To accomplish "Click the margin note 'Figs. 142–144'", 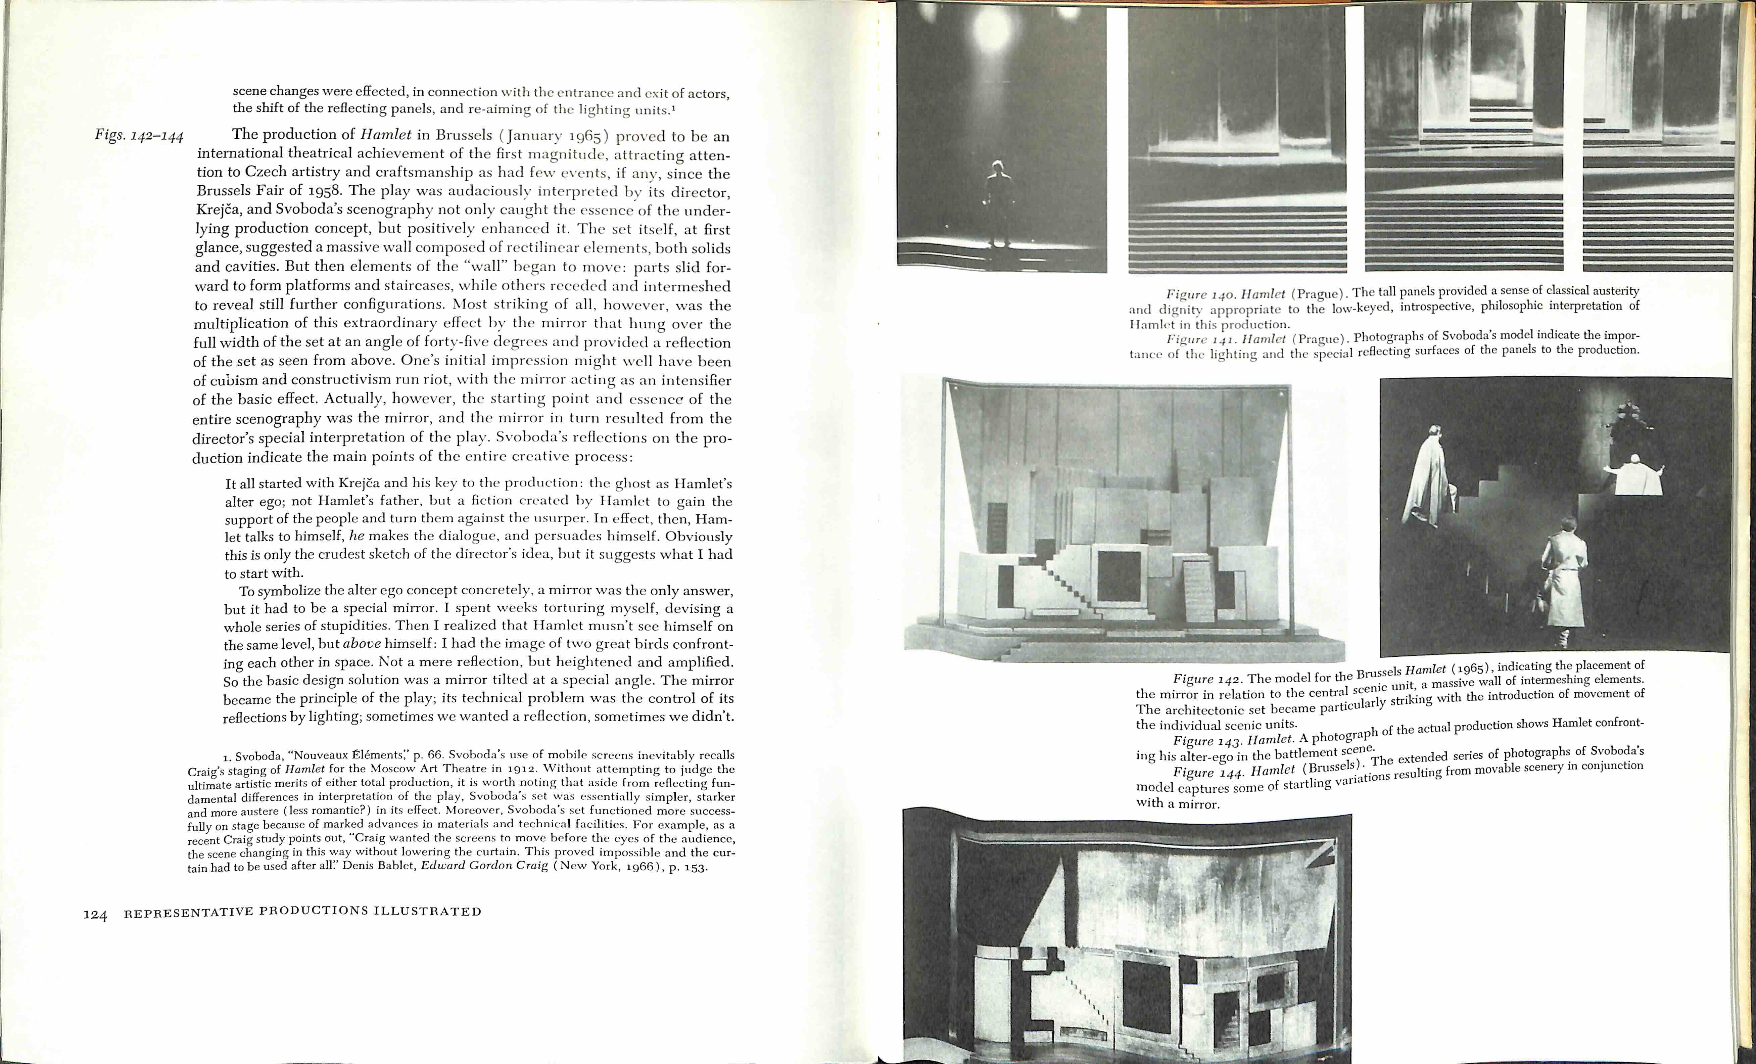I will [x=140, y=135].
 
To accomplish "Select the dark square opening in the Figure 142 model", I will [x=1120, y=576].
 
